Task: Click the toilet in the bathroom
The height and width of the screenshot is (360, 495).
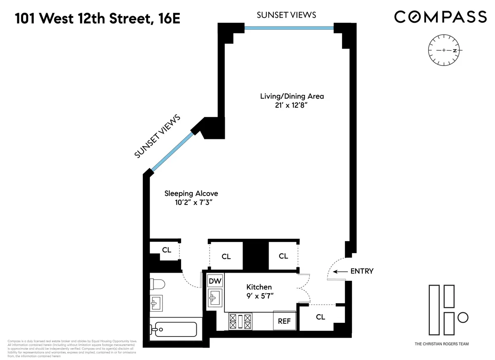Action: coord(158,284)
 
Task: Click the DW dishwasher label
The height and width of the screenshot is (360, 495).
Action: coord(215,281)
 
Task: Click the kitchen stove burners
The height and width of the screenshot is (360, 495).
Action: coord(240,321)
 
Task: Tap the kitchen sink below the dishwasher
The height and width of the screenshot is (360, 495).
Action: coord(215,297)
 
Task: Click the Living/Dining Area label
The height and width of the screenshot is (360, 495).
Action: coord(292,100)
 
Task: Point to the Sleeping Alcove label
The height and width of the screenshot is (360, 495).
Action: coord(191,198)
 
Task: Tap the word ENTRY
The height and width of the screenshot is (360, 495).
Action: coord(362,271)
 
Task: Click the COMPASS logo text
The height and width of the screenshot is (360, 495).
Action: coord(440,17)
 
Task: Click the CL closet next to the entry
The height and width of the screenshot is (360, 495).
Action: coord(321,317)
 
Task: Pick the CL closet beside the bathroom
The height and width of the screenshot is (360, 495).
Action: coord(166,249)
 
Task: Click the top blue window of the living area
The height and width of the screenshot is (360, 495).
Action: coord(289,28)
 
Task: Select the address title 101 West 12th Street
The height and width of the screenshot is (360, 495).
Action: coord(98,19)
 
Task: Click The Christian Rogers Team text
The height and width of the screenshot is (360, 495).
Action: coord(441,344)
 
